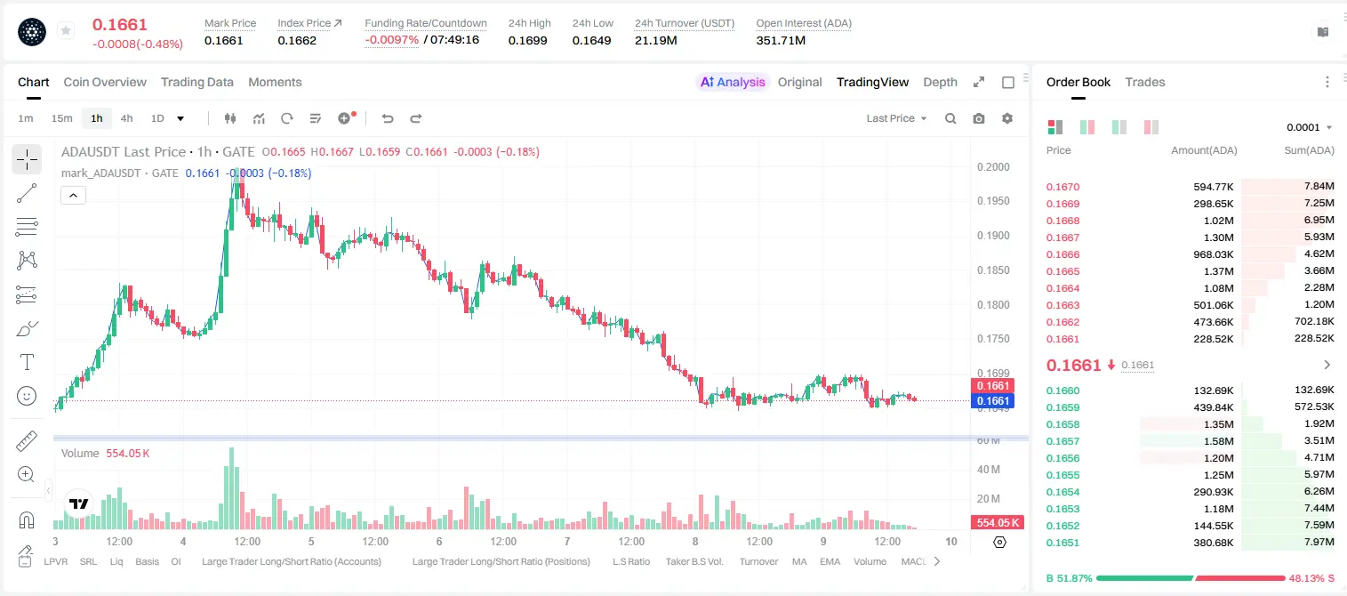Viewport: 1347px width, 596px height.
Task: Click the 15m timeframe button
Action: point(62,118)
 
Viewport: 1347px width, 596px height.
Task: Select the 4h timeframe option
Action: point(126,118)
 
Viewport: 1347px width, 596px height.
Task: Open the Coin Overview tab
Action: point(105,83)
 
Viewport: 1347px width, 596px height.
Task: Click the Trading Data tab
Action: point(197,83)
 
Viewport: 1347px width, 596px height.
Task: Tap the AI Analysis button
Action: point(733,83)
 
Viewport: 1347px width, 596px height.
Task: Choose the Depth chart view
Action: point(940,83)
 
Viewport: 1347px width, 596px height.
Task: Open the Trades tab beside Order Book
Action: point(1145,83)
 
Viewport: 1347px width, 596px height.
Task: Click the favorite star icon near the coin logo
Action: point(66,30)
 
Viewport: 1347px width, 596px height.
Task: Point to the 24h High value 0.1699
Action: point(527,40)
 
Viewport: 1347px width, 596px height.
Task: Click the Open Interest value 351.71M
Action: point(781,40)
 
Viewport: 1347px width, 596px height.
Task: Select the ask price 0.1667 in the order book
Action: point(1062,238)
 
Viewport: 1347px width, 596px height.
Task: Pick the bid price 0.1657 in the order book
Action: point(1062,441)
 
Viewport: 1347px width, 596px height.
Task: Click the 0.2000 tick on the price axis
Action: point(993,167)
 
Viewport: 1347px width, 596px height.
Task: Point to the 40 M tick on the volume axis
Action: point(989,470)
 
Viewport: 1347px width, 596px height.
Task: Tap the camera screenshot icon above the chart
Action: point(979,118)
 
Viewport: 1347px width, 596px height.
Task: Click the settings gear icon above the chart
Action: point(1007,118)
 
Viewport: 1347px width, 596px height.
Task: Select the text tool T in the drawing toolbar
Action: point(27,362)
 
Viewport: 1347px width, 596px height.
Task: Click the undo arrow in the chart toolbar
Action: point(388,118)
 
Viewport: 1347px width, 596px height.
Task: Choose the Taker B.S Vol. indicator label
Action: point(694,561)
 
